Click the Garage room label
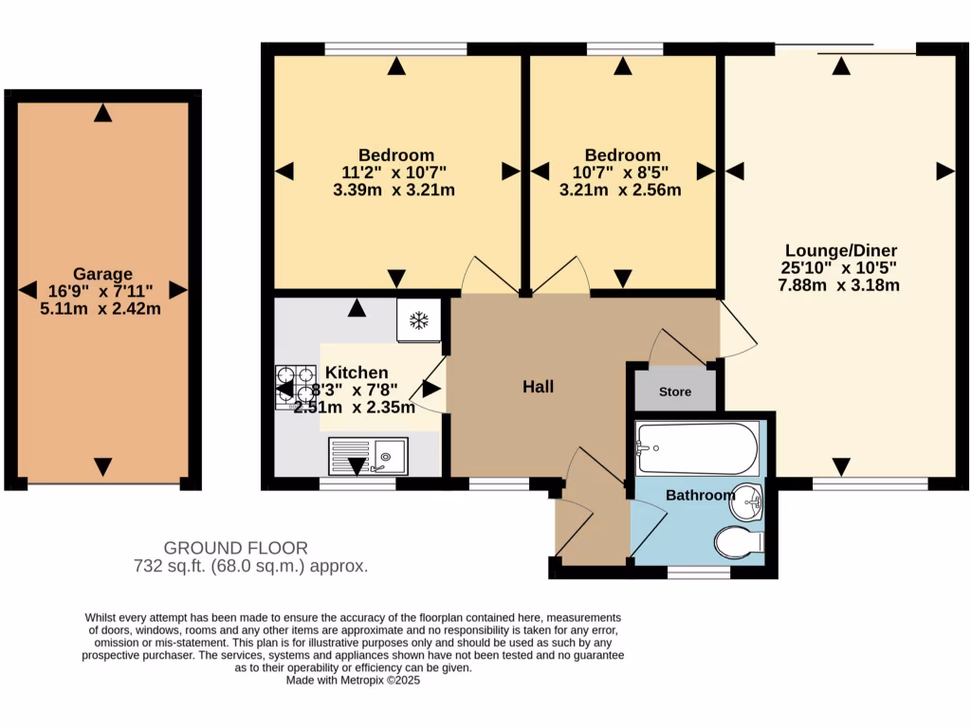pos(103,274)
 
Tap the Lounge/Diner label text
pos(833,251)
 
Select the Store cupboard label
pos(675,391)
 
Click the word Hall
pos(538,387)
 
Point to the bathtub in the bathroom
pos(698,448)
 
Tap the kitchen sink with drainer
pos(368,456)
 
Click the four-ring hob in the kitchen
pos(295,388)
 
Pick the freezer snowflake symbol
pos(418,320)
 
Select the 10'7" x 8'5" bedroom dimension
pos(622,173)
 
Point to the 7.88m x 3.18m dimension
pos(833,285)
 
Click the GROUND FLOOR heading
pos(235,548)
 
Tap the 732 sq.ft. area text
pos(250,567)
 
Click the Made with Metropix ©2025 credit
pos(353,680)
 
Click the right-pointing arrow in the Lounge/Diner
pos(944,171)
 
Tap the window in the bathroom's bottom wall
pos(698,573)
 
